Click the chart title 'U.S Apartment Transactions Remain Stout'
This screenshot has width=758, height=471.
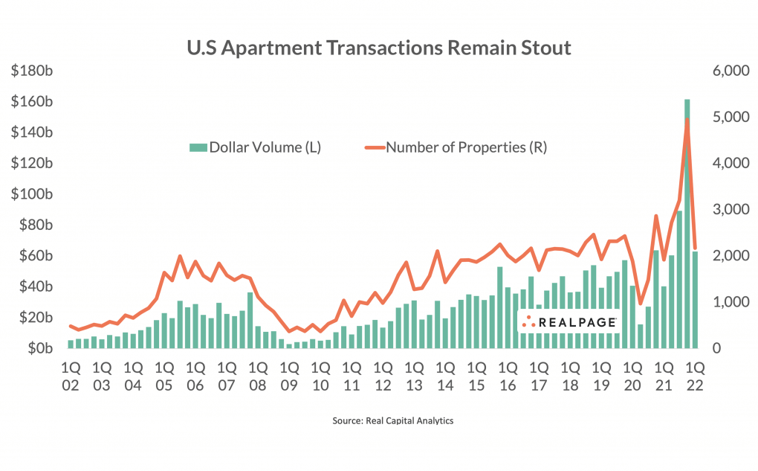pos(378,48)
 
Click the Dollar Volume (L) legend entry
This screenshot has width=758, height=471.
pos(256,147)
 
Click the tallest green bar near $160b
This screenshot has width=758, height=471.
pos(687,223)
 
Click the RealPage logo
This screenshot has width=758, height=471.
pos(569,321)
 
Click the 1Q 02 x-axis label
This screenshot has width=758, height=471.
pos(71,377)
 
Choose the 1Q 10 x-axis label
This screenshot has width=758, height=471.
pos(320,377)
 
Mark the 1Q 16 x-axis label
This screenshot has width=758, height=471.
pos(508,377)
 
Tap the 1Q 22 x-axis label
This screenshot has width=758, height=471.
pos(695,377)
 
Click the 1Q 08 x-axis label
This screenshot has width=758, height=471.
pos(258,377)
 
